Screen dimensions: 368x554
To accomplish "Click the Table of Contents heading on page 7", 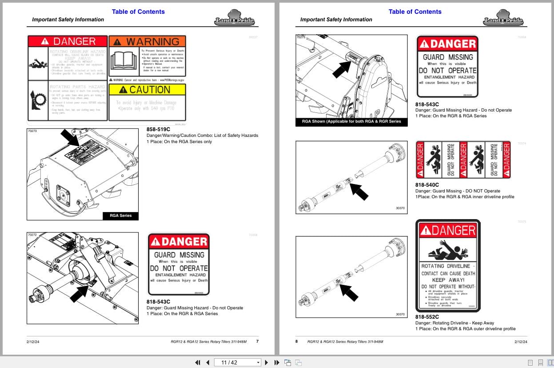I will [x=138, y=12].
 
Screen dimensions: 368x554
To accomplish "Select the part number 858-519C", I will [x=158, y=129].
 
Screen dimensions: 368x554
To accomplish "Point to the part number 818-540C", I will [x=427, y=185].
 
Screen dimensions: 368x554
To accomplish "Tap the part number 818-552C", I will [x=427, y=317].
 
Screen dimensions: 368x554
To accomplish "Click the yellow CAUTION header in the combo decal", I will [x=147, y=89].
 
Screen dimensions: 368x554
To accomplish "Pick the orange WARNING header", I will [x=147, y=42].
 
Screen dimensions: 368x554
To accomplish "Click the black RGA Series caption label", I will [x=120, y=216].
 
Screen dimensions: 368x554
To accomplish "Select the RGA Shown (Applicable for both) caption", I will [x=351, y=121].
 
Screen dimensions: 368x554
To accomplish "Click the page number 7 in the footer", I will [x=257, y=341].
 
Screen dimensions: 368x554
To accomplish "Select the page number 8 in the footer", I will [x=297, y=341].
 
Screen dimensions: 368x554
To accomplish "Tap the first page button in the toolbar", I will [x=198, y=362].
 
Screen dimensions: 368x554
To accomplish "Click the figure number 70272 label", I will [x=32, y=235].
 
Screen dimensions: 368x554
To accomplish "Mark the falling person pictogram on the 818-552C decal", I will [x=447, y=251].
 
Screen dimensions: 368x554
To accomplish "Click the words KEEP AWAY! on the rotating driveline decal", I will [x=448, y=280].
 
